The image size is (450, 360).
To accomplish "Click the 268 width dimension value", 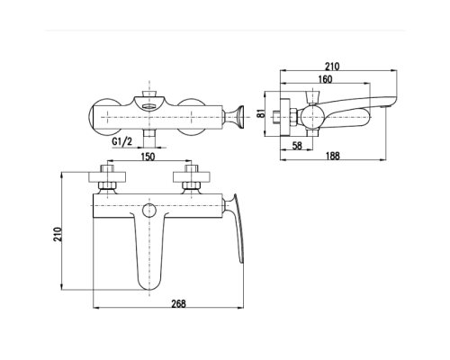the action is pos(178,303).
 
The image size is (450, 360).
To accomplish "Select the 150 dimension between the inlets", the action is pos(148,157).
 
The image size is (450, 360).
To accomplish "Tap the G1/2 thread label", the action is pos(121,141).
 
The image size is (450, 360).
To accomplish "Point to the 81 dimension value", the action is pos(262,113).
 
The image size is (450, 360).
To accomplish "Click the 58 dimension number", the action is pos(297,146).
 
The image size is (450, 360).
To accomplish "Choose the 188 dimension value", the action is pos(332,156).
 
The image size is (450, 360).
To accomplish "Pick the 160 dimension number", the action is pos(325,79).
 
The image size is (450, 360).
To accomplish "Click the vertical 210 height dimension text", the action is pos(58,234).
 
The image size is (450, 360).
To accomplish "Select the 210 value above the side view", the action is pos(332,67).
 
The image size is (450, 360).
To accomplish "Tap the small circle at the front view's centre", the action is pos(149,211).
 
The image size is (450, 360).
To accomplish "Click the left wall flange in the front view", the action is pos(107,176).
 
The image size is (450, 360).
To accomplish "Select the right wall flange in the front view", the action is pos(192,176).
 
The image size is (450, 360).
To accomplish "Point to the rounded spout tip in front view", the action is pos(149,283).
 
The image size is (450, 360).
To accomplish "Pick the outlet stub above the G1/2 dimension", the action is pos(149,139).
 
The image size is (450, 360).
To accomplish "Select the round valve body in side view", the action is pos(312,117).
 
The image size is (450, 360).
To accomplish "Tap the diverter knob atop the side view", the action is pos(312,97).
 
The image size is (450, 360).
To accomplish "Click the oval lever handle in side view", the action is pos(345,118).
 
